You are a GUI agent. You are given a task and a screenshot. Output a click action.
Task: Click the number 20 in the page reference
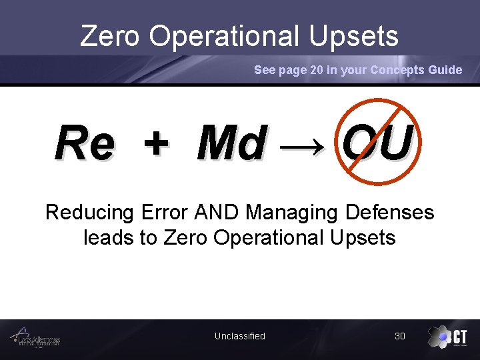click(x=317, y=70)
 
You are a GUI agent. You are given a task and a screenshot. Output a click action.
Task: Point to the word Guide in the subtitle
click(x=445, y=70)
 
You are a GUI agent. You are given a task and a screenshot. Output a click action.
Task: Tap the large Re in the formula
click(x=85, y=143)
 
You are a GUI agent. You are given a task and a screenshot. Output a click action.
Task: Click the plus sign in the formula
click(x=156, y=144)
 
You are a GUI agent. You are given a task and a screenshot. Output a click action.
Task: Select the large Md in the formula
click(x=232, y=143)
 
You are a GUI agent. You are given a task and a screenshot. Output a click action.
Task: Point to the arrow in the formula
click(x=304, y=145)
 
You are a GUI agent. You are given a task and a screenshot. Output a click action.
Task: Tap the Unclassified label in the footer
click(x=239, y=336)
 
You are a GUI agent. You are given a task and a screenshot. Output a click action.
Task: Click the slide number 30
click(x=399, y=336)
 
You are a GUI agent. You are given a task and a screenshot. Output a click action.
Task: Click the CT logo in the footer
click(x=447, y=337)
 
